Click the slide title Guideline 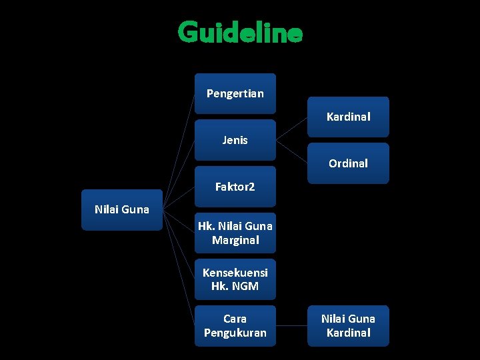coord(240,32)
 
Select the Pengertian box coord(235,93)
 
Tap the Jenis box coord(235,140)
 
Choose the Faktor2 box coord(235,187)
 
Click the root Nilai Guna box coord(122,210)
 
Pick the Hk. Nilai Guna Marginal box coord(235,233)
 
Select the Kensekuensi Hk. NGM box coord(235,279)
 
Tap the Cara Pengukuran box coord(235,325)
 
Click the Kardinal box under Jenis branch coord(348,117)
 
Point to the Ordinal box coord(348,163)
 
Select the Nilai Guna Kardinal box coord(348,325)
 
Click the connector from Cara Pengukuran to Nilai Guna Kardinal coord(291,326)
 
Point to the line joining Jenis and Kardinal coord(291,129)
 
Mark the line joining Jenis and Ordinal coord(291,151)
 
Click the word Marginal coord(235,240)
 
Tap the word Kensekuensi coord(235,273)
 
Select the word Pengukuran coord(235,333)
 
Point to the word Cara coord(235,319)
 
